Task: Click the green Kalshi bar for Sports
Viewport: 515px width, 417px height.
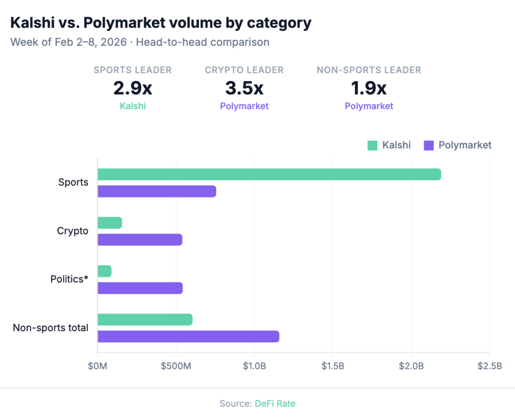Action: [x=269, y=174]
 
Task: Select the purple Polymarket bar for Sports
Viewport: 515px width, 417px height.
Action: [x=157, y=191]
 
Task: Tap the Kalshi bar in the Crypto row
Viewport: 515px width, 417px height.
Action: [x=110, y=223]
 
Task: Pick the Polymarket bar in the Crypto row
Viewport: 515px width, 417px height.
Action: [x=140, y=240]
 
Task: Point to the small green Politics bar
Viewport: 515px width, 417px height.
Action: [x=105, y=271]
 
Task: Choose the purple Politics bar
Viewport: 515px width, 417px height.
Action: [x=140, y=288]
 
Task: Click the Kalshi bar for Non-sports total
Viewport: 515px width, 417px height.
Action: [x=145, y=320]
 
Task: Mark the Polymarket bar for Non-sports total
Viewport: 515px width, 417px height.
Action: [x=188, y=337]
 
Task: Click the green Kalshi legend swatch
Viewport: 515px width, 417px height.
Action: [x=372, y=146]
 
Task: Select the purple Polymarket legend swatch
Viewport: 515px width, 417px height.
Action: [x=428, y=146]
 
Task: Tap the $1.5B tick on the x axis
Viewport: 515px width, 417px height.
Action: [x=333, y=366]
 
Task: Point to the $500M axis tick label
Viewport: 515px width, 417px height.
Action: [x=176, y=366]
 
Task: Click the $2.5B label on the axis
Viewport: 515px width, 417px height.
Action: [x=489, y=366]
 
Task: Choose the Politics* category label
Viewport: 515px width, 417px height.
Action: [x=69, y=279]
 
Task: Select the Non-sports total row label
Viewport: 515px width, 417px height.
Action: [x=50, y=328]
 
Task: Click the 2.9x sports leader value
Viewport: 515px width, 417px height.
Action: [x=132, y=88]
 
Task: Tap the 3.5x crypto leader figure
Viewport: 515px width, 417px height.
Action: [x=244, y=88]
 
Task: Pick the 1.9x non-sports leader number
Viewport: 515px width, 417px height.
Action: [x=369, y=88]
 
